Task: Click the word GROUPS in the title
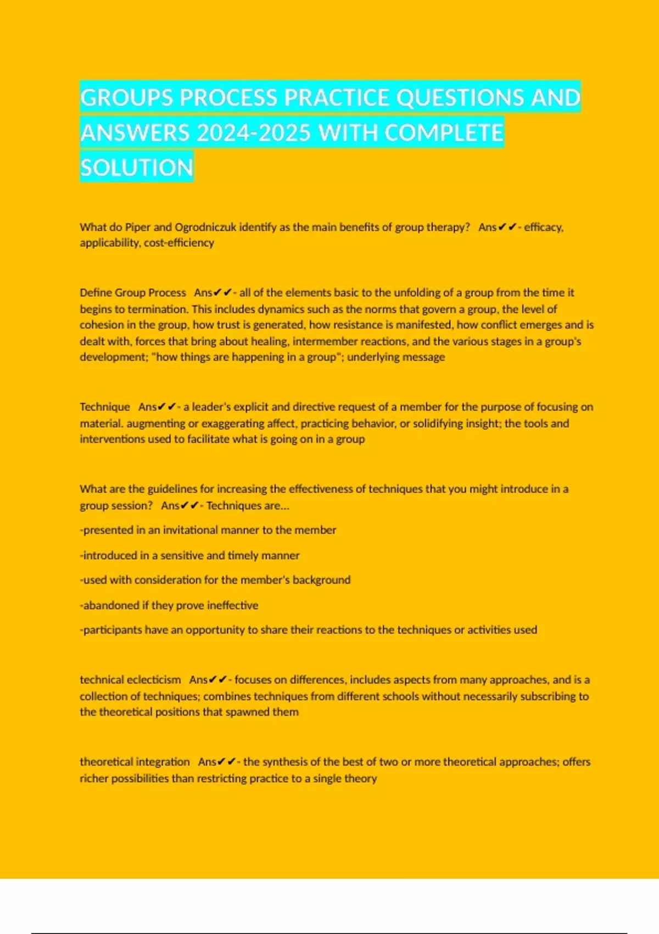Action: coord(126,98)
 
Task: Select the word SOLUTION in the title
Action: coord(137,168)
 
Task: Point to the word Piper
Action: coord(138,227)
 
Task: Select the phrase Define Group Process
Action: coord(133,293)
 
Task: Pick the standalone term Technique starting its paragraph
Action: coord(105,407)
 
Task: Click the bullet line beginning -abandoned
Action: coord(169,605)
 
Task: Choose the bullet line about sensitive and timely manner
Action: coord(189,555)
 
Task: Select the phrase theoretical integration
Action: coord(135,762)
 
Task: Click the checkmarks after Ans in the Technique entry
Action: coord(167,407)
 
